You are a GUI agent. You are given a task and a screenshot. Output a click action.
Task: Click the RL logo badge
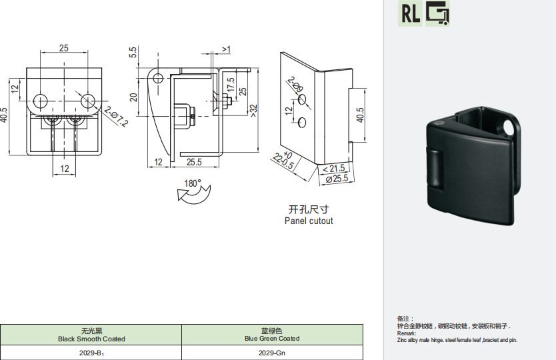tap(410, 13)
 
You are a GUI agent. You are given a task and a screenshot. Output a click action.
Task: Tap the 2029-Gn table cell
tap(272, 353)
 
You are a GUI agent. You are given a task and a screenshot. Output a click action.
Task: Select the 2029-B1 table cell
tap(91, 353)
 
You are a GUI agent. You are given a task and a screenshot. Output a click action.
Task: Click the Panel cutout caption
tap(309, 221)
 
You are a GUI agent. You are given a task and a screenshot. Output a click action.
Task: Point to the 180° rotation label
tap(192, 183)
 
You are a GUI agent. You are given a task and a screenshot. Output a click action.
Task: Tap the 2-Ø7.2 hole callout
tap(115, 116)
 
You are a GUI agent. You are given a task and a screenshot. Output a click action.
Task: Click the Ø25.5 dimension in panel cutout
tap(337, 179)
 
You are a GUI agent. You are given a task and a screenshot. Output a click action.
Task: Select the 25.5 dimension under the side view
tap(194, 162)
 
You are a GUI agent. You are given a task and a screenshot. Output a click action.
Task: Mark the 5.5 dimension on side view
tap(133, 53)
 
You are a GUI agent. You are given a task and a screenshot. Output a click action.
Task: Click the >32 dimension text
tap(253, 110)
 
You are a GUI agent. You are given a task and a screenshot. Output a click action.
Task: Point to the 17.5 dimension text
tap(231, 85)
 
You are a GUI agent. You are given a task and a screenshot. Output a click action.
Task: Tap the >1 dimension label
tap(226, 49)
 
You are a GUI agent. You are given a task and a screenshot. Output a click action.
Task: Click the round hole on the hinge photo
tap(509, 129)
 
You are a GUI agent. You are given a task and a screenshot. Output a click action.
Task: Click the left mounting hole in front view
tap(41, 101)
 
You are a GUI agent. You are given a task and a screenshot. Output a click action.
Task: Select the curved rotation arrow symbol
tap(193, 195)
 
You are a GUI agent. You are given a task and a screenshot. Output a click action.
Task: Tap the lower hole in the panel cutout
tap(302, 123)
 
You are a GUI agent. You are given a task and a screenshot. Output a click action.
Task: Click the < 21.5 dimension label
tap(333, 169)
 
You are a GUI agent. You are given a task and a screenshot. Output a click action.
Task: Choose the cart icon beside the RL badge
tap(437, 13)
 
